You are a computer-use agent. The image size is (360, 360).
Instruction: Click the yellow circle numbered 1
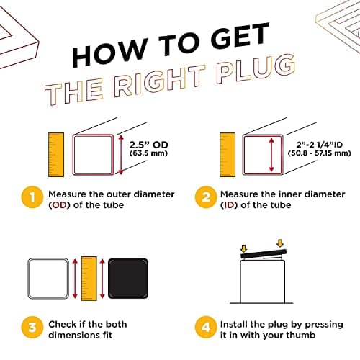pyautogui.click(x=32, y=197)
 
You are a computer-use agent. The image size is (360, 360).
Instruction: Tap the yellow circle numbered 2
pyautogui.click(x=206, y=197)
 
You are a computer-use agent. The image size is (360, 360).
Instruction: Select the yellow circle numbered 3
pyautogui.click(x=32, y=327)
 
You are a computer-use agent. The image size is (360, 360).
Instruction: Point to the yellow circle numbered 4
pyautogui.click(x=206, y=327)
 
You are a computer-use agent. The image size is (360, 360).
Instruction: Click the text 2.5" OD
pyautogui.click(x=149, y=145)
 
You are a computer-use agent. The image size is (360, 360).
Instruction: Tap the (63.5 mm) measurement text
pyautogui.click(x=148, y=153)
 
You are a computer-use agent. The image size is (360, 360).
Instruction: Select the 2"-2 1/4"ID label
pyautogui.click(x=320, y=145)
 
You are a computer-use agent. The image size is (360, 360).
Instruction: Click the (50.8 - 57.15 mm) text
pyautogui.click(x=320, y=153)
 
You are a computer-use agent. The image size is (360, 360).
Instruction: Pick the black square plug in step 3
pyautogui.click(x=128, y=279)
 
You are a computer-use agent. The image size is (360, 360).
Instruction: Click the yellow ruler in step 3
pyautogui.click(x=89, y=279)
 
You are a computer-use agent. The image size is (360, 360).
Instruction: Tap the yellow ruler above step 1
pyautogui.click(x=56, y=155)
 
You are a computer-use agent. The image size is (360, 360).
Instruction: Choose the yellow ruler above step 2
pyautogui.click(x=228, y=155)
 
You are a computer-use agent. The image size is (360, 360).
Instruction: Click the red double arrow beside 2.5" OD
pyautogui.click(x=121, y=155)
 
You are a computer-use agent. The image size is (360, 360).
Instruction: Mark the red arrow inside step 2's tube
pyautogui.click(x=271, y=155)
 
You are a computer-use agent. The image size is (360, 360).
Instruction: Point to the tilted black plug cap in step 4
pyautogui.click(x=264, y=253)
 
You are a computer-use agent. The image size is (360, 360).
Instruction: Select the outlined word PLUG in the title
pyautogui.click(x=256, y=69)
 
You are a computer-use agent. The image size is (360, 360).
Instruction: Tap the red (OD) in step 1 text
pyautogui.click(x=59, y=205)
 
